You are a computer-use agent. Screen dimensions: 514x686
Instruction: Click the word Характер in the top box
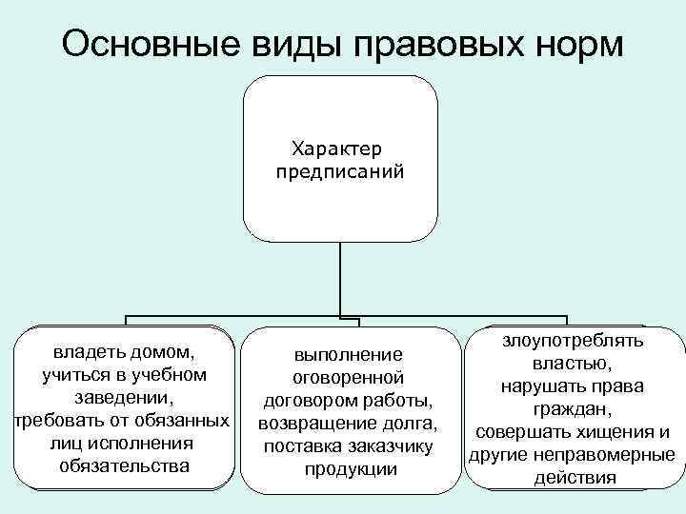pyautogui.click(x=339, y=148)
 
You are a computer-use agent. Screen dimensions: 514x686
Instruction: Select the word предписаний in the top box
pyautogui.click(x=339, y=172)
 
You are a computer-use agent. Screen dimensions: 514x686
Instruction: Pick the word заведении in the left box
pyautogui.click(x=124, y=397)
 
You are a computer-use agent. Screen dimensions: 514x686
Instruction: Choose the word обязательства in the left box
pyautogui.click(x=124, y=465)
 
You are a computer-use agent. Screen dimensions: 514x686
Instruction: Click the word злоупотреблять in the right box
pyautogui.click(x=573, y=340)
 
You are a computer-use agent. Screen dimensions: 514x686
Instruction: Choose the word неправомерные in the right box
pyautogui.click(x=609, y=454)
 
